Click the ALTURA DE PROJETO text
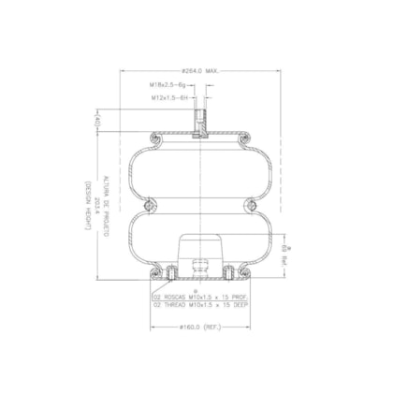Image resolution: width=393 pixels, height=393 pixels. point(106,206)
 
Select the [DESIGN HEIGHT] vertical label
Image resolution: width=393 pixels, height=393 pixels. point(89,206)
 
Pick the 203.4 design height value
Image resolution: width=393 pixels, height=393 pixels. point(97,206)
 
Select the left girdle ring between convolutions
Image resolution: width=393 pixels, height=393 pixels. point(148,205)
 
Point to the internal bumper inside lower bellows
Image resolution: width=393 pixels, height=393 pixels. point(197,253)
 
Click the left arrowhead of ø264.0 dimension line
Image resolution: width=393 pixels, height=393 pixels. point(121,77)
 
